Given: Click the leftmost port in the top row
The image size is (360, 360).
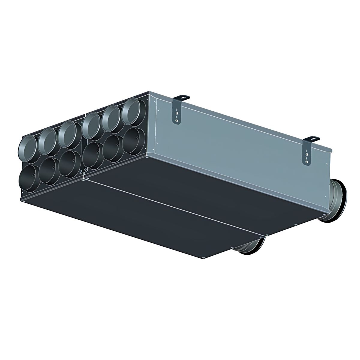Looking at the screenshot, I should click(x=28, y=146).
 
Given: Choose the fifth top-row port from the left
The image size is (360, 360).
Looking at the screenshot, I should click(x=110, y=116).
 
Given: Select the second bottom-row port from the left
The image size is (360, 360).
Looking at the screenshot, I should click(x=48, y=168).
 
